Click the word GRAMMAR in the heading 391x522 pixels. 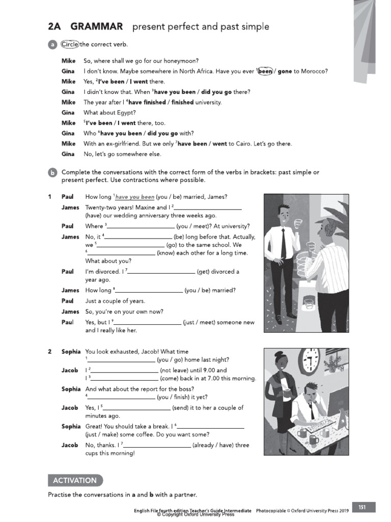tap(97, 27)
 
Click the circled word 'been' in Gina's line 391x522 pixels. tap(265, 71)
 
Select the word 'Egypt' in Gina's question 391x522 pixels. tap(126, 113)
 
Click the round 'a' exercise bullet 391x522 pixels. tap(52, 45)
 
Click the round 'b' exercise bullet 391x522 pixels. tap(52, 173)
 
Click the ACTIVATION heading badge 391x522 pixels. tap(75, 480)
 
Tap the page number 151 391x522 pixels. tap(362, 507)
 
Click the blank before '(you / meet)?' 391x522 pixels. tap(141, 227)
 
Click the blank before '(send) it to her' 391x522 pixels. tap(137, 408)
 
